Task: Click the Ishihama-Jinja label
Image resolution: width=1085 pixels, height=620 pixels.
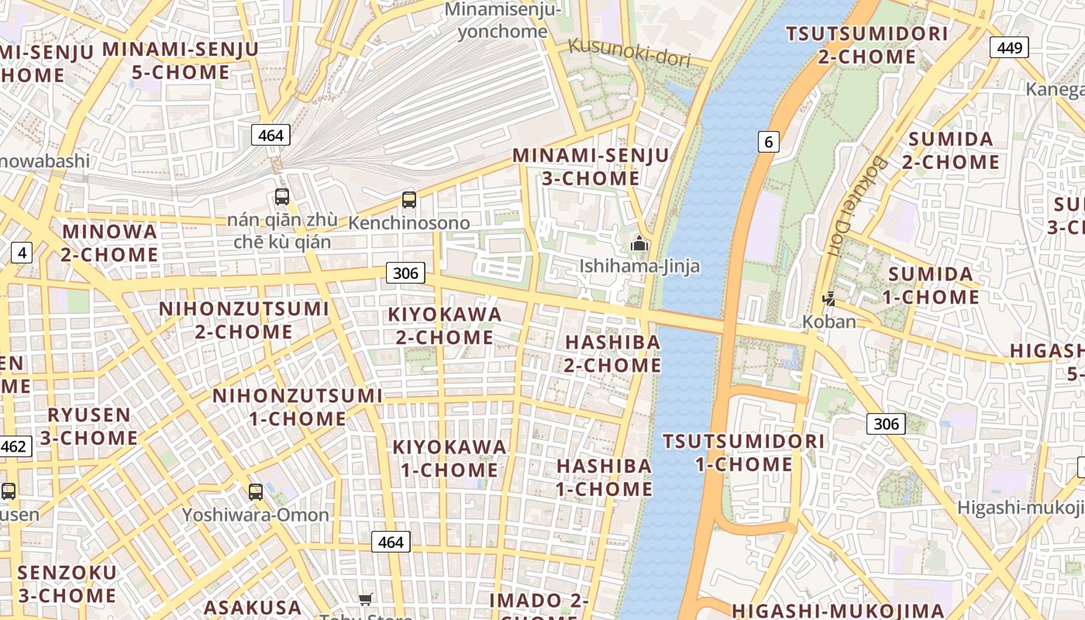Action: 639,267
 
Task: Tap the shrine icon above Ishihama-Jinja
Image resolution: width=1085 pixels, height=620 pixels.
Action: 639,244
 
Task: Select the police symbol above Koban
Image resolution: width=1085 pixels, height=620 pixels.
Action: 828,298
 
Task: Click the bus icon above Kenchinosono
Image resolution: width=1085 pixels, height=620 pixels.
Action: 409,200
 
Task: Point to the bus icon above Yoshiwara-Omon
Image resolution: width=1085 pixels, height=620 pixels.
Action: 256,491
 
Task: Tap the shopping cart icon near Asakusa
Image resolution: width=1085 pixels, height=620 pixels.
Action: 366,599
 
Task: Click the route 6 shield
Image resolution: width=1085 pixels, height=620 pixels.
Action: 768,141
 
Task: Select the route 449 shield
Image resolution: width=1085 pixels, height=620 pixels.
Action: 1009,48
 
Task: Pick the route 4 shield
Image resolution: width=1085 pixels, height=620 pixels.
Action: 22,252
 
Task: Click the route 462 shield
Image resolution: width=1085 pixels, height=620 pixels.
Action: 14,446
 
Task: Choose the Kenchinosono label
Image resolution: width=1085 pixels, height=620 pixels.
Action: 409,223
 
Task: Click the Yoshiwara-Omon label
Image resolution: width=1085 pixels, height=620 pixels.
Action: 256,515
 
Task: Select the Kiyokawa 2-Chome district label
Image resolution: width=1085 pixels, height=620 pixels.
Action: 445,325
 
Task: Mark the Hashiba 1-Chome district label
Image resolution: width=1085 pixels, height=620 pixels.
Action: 604,477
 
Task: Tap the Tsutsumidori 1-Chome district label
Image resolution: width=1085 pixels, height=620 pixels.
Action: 743,453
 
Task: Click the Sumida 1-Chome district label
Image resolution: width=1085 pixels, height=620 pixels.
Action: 931,285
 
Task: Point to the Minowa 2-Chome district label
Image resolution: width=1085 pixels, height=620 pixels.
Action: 110,243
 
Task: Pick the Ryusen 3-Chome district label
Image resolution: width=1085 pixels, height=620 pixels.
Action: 89,426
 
